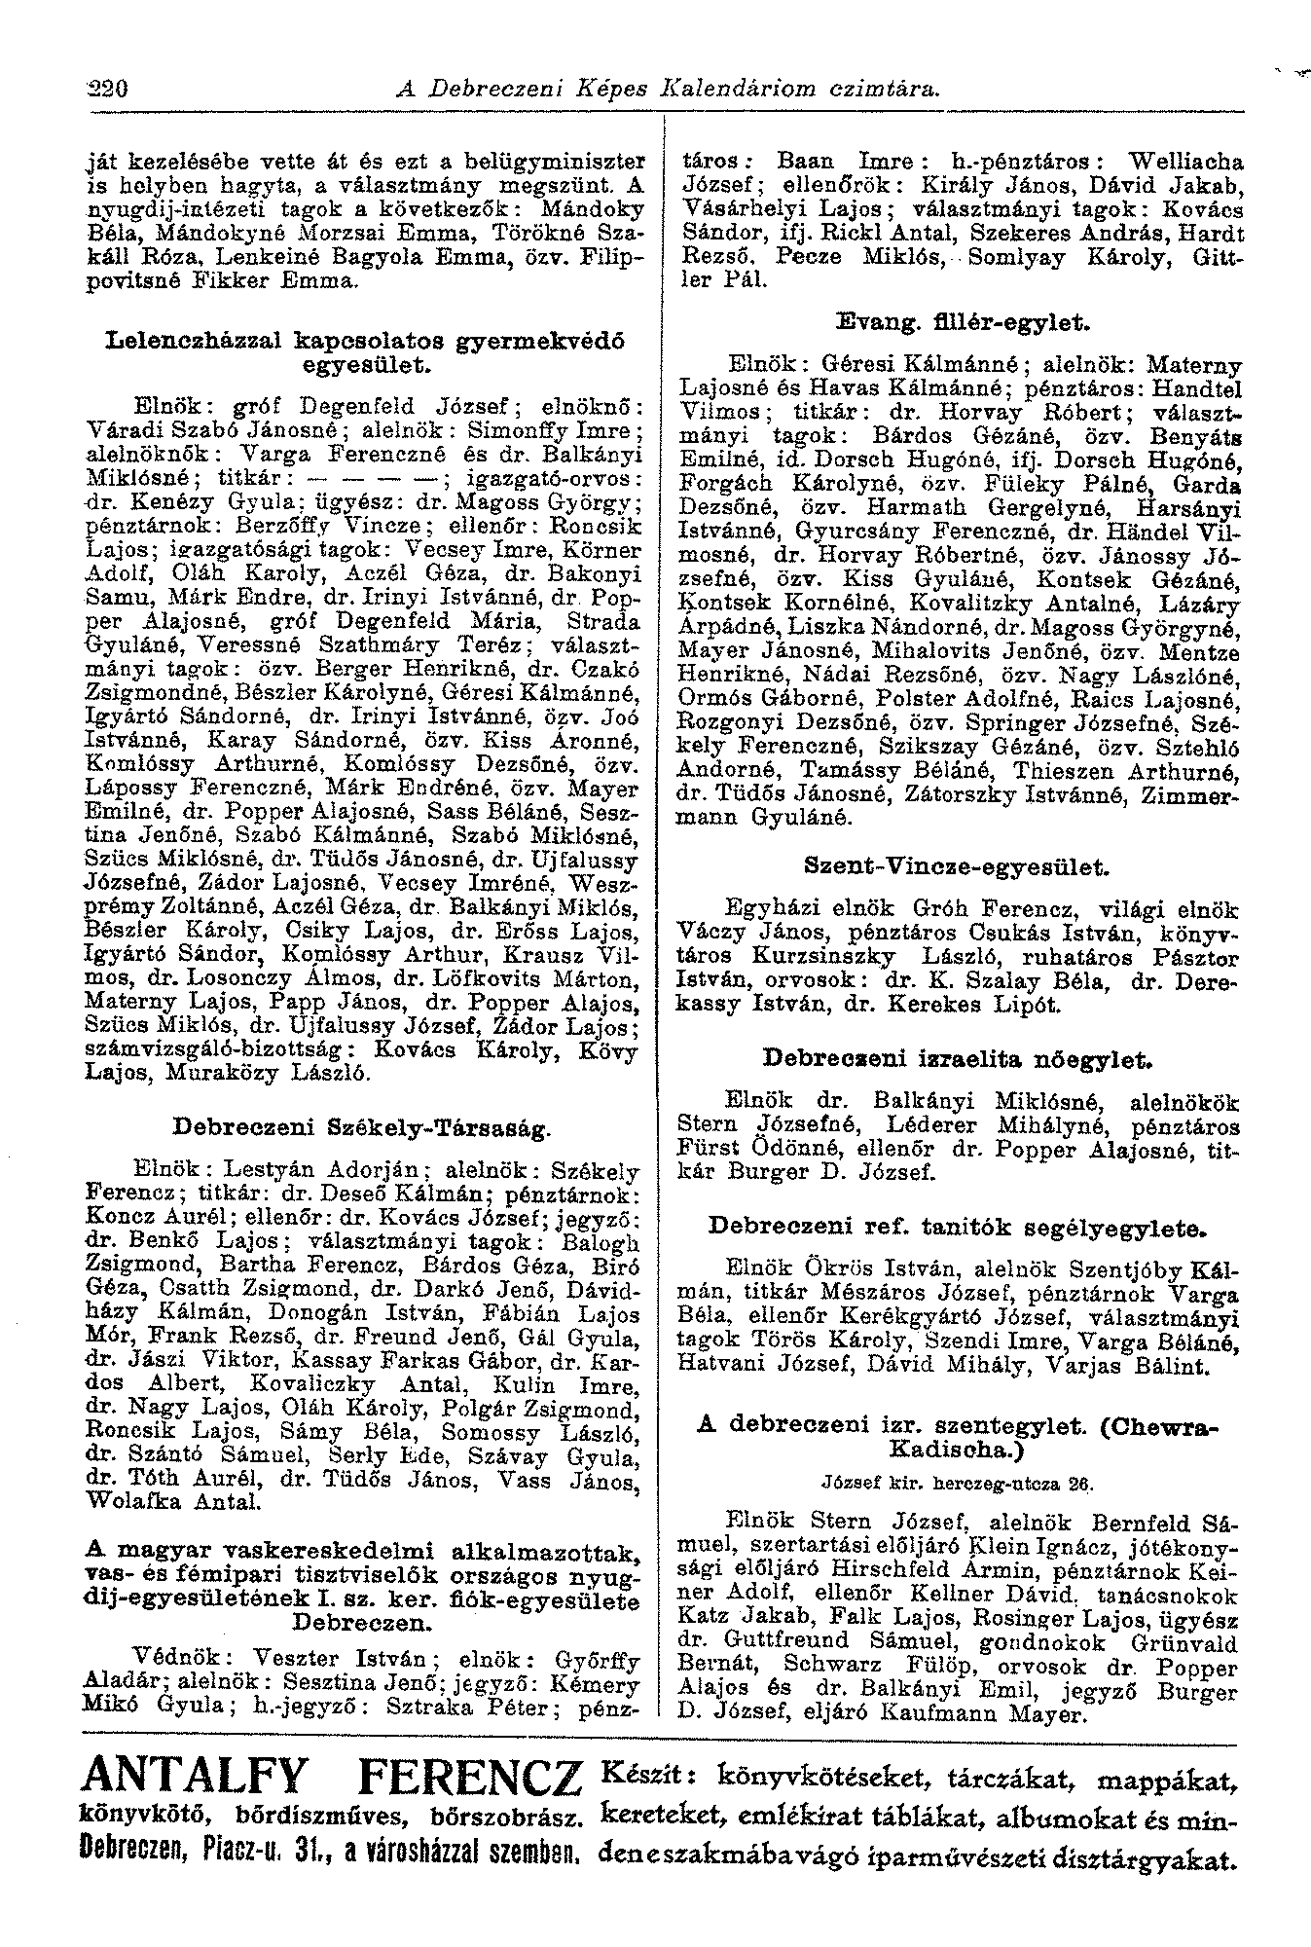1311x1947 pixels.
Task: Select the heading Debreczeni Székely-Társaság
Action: [x=362, y=1128]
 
